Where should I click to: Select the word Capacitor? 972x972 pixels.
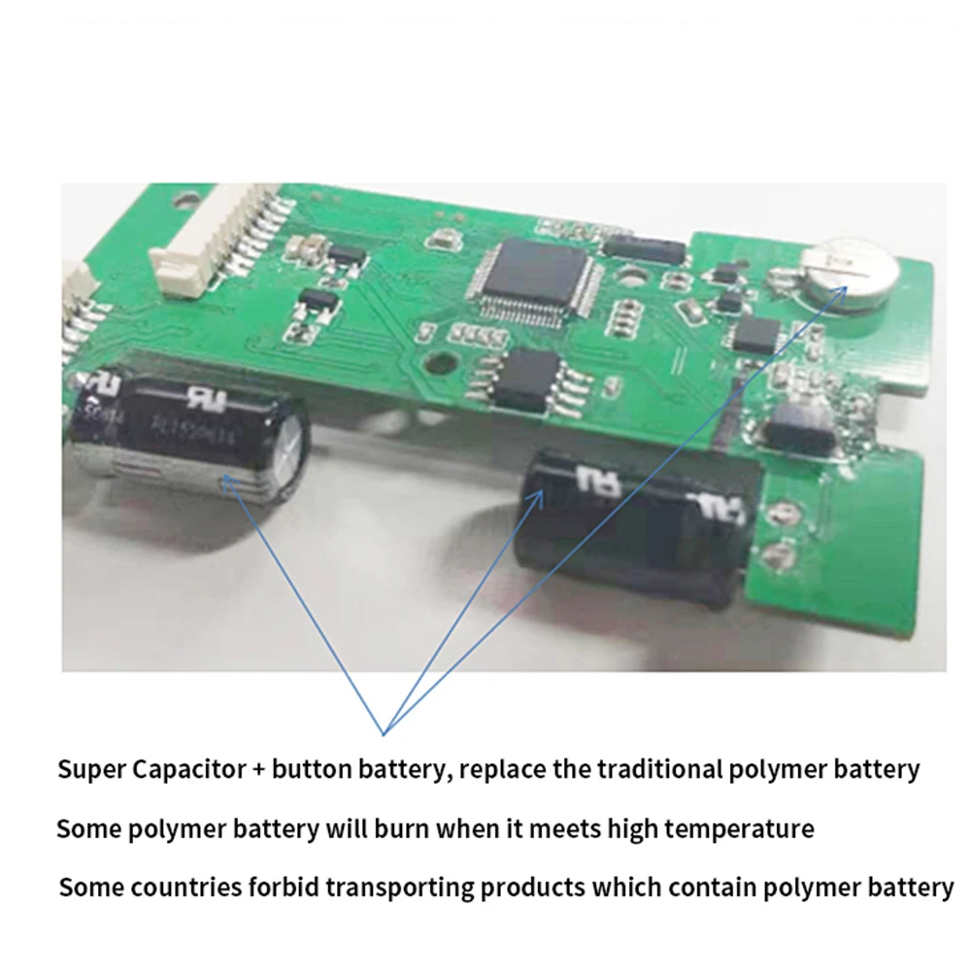tap(185, 771)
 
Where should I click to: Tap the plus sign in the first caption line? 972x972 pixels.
tap(258, 771)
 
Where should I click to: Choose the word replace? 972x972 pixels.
tap(504, 771)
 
